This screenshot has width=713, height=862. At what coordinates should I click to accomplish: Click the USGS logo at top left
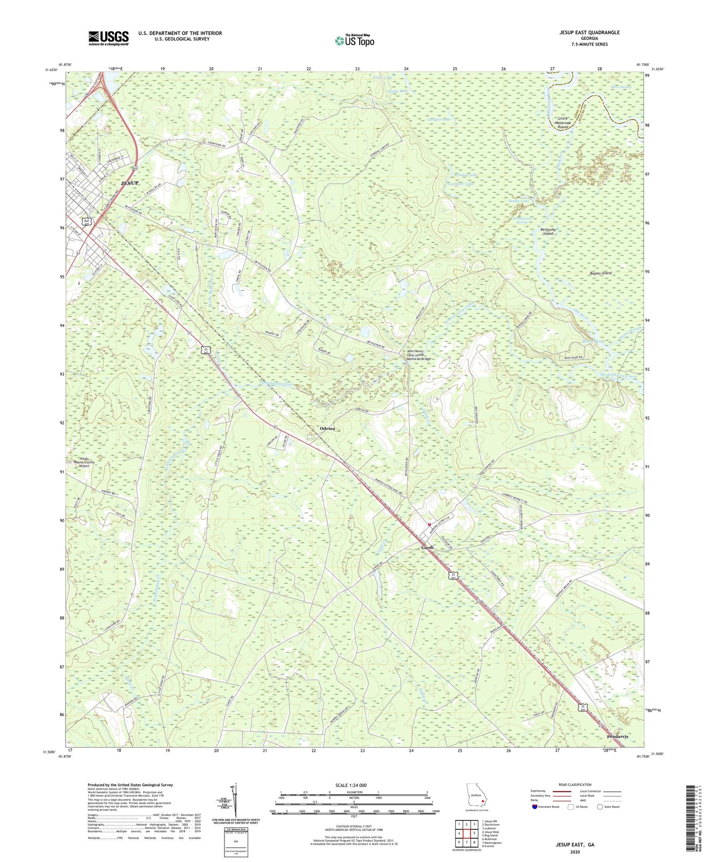(109, 38)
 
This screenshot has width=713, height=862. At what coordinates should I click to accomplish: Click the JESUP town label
(130, 183)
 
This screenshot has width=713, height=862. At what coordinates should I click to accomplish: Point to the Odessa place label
(327, 428)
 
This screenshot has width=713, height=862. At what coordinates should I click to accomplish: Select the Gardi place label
(427, 548)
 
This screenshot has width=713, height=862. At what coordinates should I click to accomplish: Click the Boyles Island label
(600, 273)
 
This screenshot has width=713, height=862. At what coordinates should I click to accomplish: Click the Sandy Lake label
(519, 201)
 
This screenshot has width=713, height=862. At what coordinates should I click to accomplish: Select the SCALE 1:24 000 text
(351, 785)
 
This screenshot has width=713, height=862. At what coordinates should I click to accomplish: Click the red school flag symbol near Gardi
(429, 524)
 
